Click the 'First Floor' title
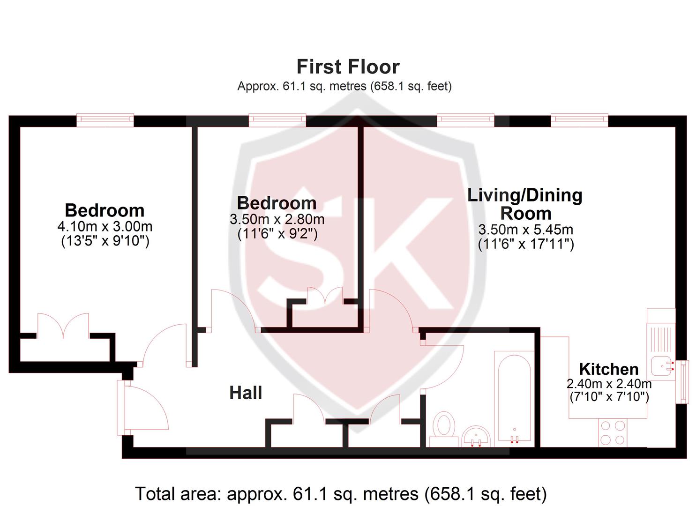[x=348, y=67]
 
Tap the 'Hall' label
[x=246, y=393]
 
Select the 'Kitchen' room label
[x=608, y=369]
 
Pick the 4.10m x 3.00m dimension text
[x=105, y=227]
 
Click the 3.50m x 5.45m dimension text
[x=525, y=230]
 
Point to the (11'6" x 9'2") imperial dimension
[x=277, y=234]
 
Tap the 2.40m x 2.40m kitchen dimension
[x=609, y=384]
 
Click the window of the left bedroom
[x=105, y=120]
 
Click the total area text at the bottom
[x=341, y=493]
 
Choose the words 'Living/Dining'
[x=524, y=195]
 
